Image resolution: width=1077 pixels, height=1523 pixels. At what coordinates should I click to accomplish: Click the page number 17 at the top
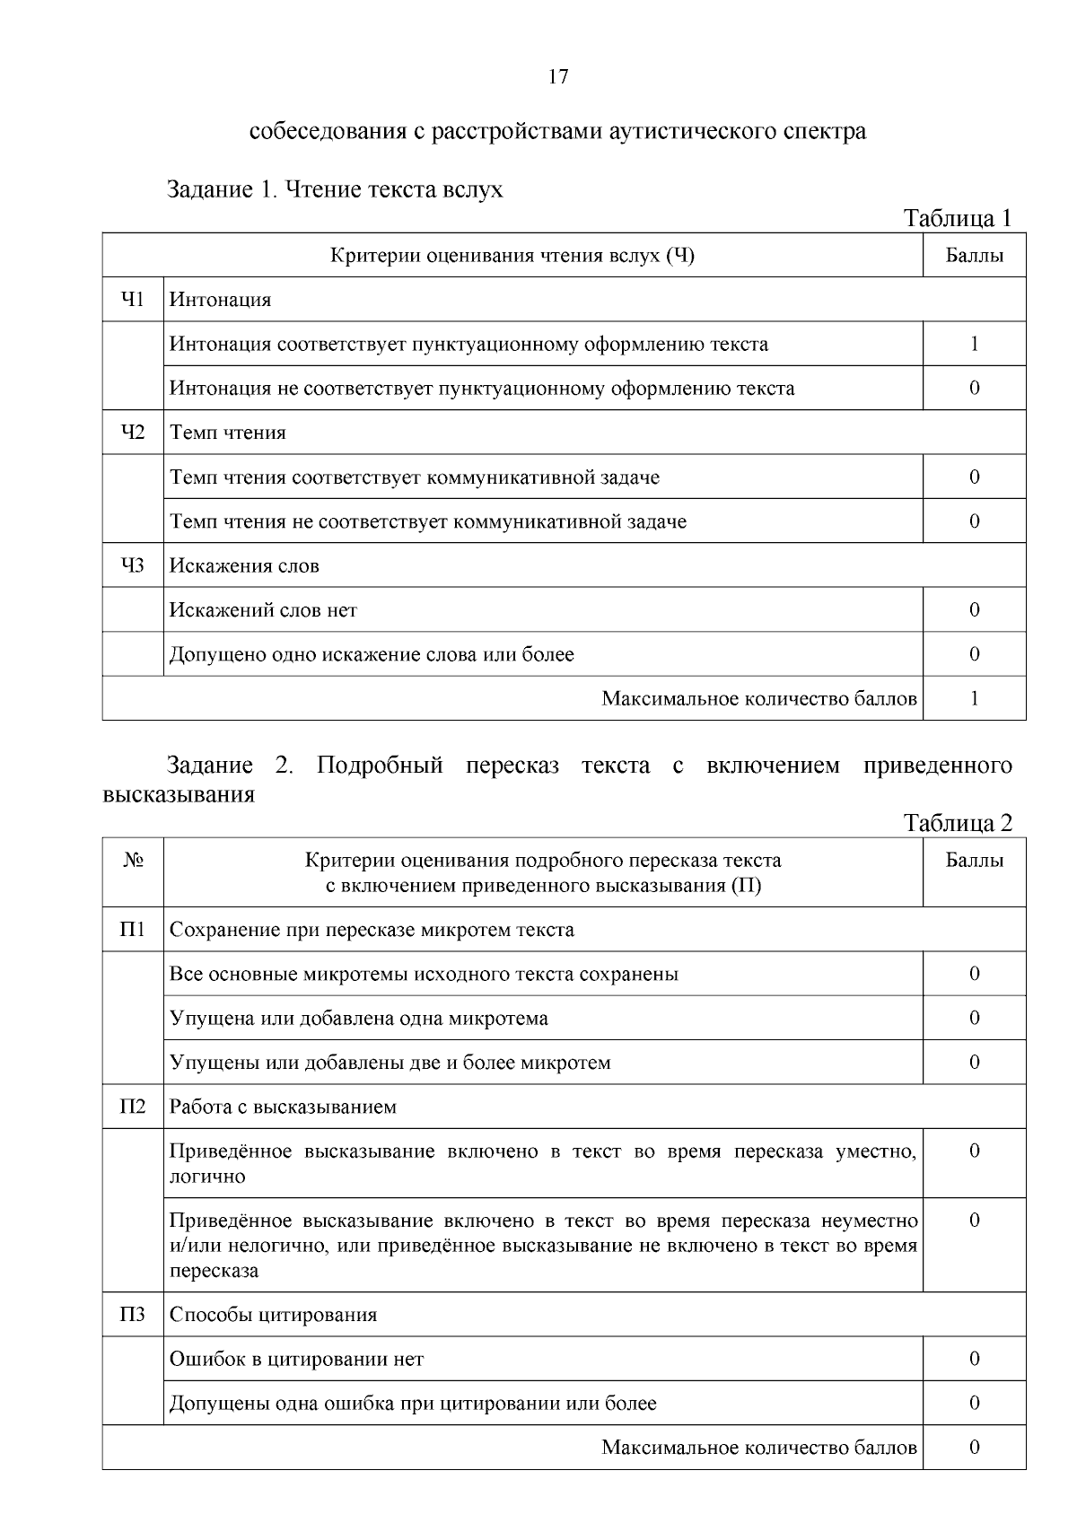557,77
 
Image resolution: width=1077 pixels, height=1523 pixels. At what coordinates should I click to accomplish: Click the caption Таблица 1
958,218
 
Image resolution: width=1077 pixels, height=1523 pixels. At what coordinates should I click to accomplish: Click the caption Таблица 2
958,823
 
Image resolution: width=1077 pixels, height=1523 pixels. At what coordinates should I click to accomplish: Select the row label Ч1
133,300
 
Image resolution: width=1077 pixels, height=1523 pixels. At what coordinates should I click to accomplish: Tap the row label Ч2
133,433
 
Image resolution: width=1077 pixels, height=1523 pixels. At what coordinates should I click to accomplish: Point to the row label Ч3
133,565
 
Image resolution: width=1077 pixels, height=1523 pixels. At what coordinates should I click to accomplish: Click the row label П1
133,930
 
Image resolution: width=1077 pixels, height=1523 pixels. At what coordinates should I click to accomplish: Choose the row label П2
133,1107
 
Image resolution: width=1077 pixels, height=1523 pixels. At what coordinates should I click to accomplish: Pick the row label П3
133,1315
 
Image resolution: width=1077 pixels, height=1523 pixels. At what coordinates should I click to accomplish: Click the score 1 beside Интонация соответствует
974,344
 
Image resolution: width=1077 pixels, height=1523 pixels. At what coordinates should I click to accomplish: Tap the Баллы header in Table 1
974,256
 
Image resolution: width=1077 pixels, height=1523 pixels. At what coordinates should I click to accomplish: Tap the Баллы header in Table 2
974,861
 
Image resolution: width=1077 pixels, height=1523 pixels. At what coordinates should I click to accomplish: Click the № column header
133,861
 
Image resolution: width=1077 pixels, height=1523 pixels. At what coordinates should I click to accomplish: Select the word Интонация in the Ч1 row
221,300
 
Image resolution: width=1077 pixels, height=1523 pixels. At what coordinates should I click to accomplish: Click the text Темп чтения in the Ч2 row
228,433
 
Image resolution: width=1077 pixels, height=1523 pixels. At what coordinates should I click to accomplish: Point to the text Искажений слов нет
263,610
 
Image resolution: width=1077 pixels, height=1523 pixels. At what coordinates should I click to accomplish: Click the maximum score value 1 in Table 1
974,698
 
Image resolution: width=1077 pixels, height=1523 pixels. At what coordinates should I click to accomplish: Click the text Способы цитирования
273,1315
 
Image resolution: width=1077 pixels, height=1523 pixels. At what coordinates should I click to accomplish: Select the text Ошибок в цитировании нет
296,1359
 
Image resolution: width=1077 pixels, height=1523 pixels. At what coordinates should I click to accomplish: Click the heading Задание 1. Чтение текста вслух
335,190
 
